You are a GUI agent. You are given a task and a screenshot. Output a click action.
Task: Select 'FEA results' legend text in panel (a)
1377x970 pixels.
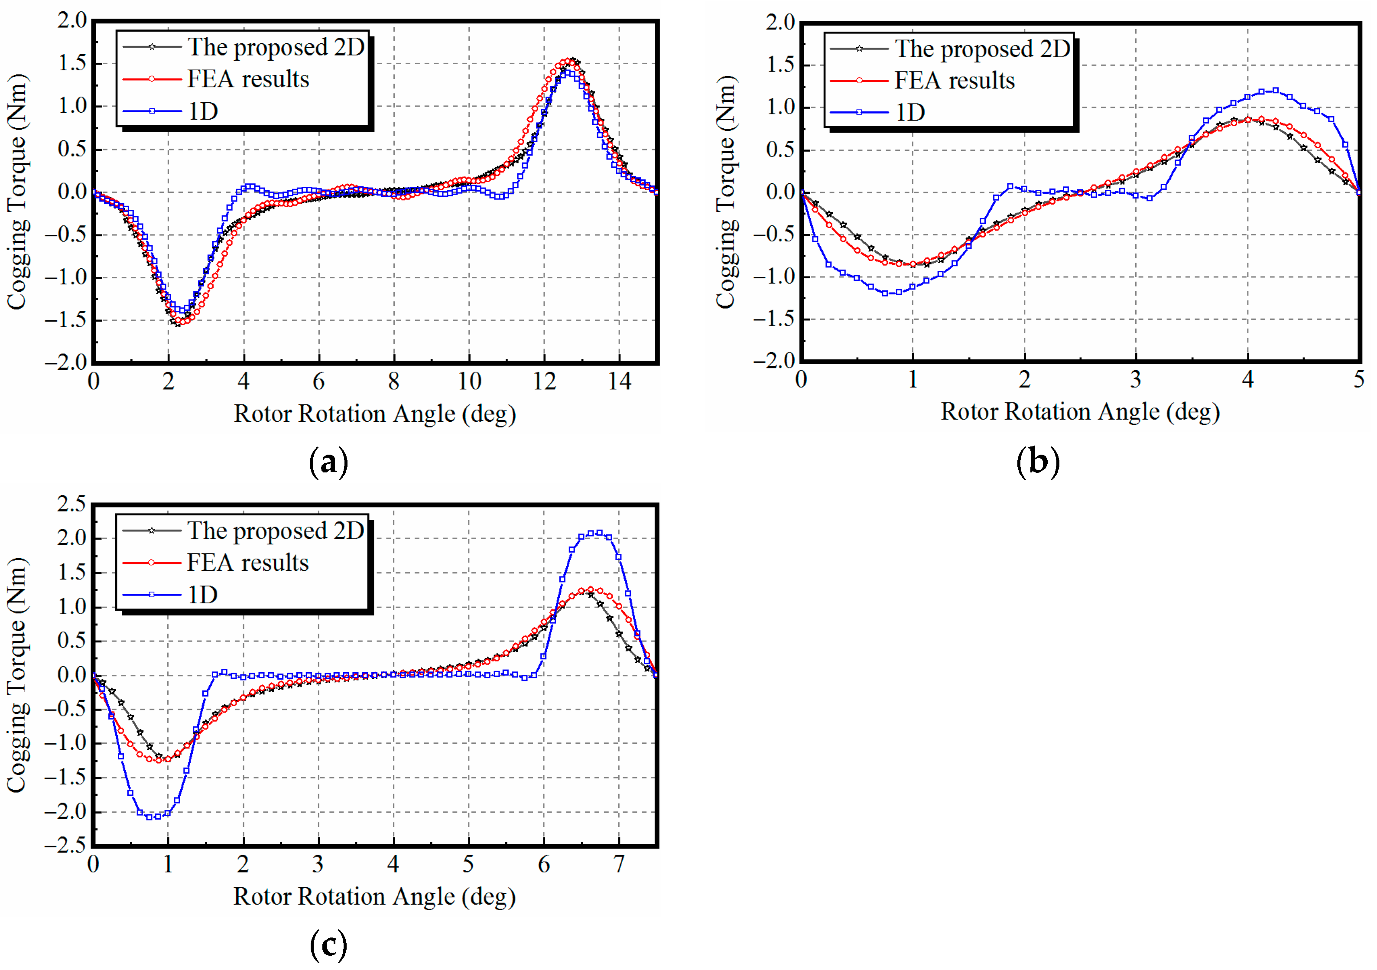pos(248,79)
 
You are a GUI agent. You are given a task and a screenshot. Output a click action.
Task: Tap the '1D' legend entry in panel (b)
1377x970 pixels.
pos(910,112)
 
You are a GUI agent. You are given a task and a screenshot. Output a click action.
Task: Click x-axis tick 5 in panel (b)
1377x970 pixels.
pos(1358,380)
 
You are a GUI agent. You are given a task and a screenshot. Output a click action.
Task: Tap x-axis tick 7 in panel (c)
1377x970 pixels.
pos(619,864)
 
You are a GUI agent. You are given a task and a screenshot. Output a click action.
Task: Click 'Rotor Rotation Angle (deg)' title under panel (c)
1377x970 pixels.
pos(374,897)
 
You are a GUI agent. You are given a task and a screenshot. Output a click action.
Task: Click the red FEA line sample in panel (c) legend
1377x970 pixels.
pos(152,563)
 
